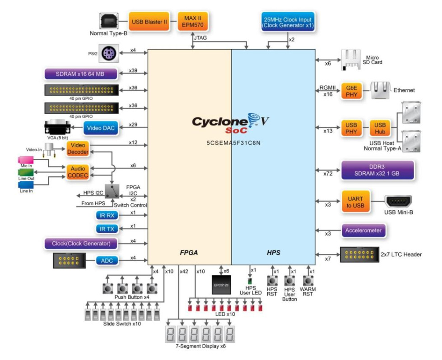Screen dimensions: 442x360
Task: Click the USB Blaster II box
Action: coord(149,21)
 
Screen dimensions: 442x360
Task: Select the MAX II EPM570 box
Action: coord(193,21)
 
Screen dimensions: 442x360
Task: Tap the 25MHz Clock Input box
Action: coord(288,22)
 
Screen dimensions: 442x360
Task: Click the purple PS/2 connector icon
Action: coord(109,53)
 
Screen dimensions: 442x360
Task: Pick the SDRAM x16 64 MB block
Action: coord(81,74)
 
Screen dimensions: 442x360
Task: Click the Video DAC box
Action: coord(101,128)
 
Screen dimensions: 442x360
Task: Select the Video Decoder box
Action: coord(78,148)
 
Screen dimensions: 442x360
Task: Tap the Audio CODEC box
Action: coord(78,172)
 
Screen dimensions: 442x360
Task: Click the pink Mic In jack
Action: coord(26,160)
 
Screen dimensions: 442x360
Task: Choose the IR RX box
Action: coord(107,216)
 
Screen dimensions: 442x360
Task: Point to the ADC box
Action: coord(107,261)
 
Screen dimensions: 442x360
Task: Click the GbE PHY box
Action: coord(352,91)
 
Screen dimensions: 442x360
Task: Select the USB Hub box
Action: coord(380,128)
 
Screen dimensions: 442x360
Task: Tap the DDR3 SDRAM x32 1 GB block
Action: coord(377,170)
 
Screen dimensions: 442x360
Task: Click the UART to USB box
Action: coord(355,202)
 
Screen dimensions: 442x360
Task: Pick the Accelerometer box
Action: coord(363,231)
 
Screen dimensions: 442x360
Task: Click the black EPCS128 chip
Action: coord(221,285)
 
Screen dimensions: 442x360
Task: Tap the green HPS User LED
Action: coord(250,281)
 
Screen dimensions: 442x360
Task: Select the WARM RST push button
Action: coord(308,281)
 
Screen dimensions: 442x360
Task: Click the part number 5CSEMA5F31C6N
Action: coord(233,143)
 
